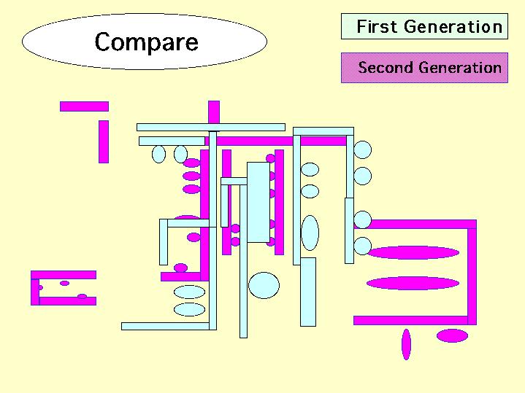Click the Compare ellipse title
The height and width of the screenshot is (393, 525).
point(145,42)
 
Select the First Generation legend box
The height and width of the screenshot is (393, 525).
point(424,27)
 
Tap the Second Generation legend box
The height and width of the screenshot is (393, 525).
point(424,68)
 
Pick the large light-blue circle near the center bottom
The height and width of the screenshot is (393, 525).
point(264,285)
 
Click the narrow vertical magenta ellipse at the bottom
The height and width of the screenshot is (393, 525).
point(406,344)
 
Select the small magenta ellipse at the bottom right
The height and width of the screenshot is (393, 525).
point(452,335)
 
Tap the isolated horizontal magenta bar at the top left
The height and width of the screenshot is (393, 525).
point(84,106)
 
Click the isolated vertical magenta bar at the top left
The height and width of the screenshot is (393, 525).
point(104,141)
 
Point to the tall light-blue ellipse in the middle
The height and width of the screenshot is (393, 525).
point(310,233)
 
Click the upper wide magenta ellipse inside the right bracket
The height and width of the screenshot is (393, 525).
point(413,253)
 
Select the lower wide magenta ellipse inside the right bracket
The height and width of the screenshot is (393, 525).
point(413,283)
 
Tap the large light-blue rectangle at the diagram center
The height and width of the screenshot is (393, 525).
point(258,202)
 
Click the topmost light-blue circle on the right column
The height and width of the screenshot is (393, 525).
point(363,150)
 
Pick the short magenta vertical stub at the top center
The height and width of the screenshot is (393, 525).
point(214,112)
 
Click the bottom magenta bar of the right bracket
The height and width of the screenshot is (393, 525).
point(410,320)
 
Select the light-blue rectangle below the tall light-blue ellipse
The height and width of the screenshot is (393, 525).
point(308,291)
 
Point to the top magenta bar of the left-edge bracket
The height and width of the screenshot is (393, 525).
point(64,275)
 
